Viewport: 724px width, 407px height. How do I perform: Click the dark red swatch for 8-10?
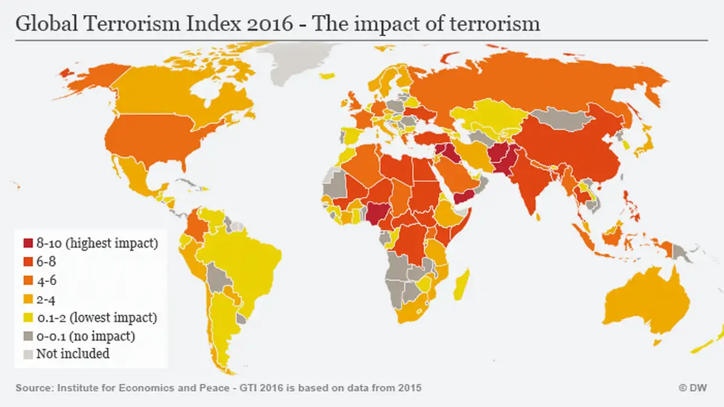point(28,244)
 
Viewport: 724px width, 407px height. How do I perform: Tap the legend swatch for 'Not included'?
point(28,354)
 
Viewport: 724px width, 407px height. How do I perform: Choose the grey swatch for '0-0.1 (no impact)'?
point(28,336)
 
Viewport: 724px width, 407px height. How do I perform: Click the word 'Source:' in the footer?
point(34,388)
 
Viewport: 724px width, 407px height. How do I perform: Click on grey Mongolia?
point(568,117)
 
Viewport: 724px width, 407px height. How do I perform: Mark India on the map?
point(525,181)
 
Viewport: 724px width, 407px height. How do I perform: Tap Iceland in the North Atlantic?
point(328,76)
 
